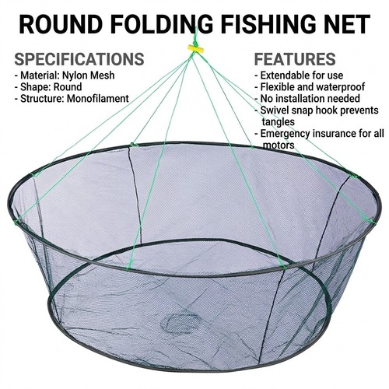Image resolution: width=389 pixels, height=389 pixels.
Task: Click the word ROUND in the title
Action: coord(61,24)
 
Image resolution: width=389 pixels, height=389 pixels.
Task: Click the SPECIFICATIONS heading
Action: coord(79,59)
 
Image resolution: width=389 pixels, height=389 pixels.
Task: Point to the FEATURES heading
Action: coord(295,59)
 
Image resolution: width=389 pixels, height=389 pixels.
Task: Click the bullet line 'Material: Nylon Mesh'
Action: coord(65,75)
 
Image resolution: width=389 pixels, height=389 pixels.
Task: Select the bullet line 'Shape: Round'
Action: coord(48,87)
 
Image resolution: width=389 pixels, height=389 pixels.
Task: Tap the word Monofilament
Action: coord(98,99)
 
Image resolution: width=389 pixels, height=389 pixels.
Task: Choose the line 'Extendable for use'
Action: coord(299,75)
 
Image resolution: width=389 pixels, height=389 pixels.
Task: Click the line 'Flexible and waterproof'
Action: coord(310,87)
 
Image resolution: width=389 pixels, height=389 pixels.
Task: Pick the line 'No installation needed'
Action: coord(307,99)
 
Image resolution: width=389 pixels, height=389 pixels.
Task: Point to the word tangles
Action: coord(279,122)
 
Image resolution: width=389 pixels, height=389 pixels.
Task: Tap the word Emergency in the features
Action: coord(286,134)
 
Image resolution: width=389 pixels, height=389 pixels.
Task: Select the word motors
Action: coord(279,145)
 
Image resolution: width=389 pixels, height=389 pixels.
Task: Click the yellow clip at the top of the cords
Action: coord(196,48)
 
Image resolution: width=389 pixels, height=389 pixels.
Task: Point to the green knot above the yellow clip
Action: coord(195,41)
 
